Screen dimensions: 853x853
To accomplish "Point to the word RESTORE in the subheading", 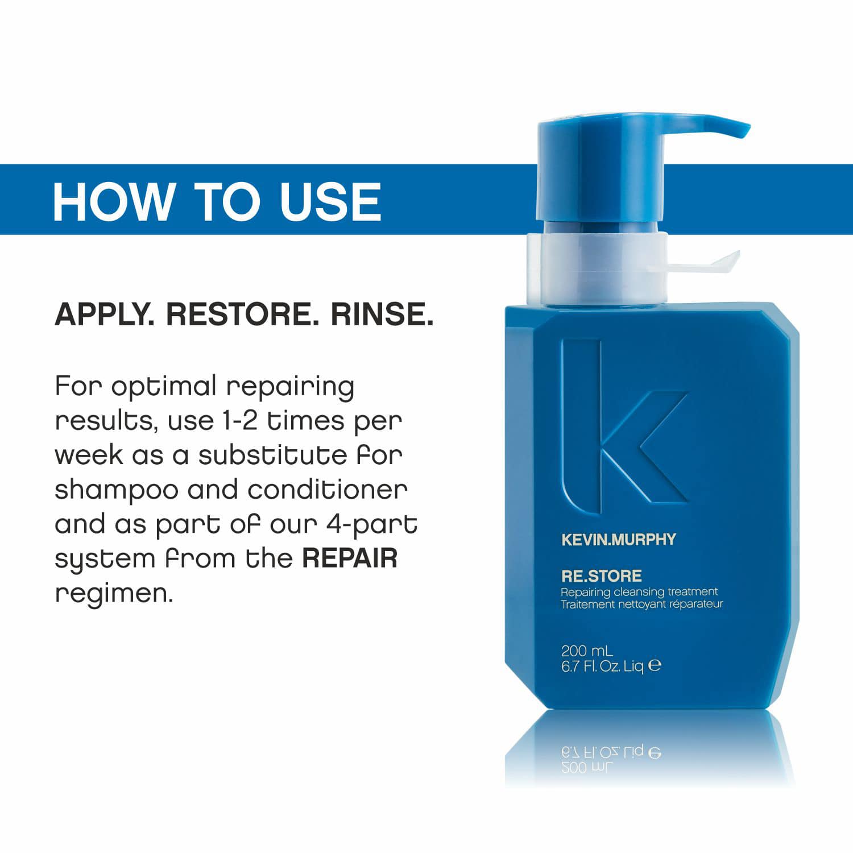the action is pyautogui.click(x=242, y=314).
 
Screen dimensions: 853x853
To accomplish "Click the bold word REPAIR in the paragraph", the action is pyautogui.click(x=350, y=558).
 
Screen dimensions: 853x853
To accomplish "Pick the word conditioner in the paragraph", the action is pyautogui.click(x=328, y=490).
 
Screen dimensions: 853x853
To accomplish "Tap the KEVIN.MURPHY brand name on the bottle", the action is pyautogui.click(x=619, y=539).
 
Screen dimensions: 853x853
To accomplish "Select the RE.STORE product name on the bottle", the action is pyautogui.click(x=602, y=576).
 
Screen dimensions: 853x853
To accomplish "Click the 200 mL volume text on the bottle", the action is pyautogui.click(x=587, y=651).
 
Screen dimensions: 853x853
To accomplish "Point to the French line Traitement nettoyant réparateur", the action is pyautogui.click(x=642, y=604).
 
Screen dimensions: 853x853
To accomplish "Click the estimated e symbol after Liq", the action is pyautogui.click(x=655, y=665).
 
